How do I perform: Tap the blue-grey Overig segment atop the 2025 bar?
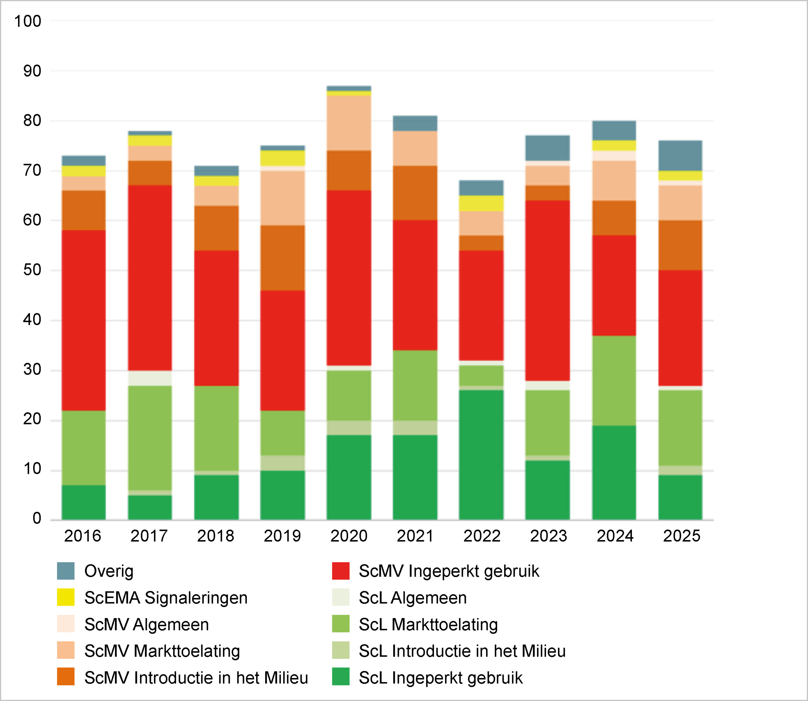click(x=680, y=155)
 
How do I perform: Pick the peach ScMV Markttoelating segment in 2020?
click(x=349, y=122)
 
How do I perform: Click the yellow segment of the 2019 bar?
click(x=282, y=158)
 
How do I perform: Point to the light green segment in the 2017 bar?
click(x=150, y=438)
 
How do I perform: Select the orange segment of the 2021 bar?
click(x=415, y=192)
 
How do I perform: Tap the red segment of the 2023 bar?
click(x=547, y=290)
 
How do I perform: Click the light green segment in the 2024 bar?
click(x=614, y=380)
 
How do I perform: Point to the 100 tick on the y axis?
click(x=27, y=21)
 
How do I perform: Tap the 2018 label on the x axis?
click(x=216, y=536)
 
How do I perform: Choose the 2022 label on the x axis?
click(x=482, y=536)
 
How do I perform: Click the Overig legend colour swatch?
click(x=65, y=571)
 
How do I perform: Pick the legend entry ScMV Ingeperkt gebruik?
click(x=449, y=571)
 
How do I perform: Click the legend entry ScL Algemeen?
click(x=413, y=598)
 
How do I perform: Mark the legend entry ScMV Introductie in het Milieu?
click(x=196, y=678)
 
